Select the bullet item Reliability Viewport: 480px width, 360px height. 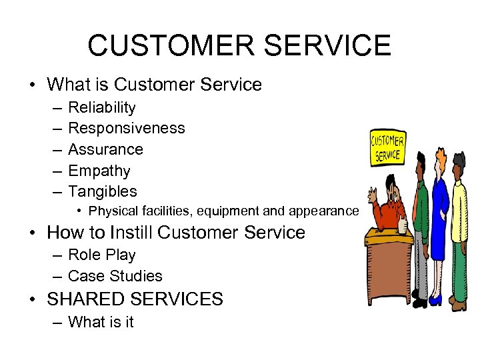[102, 107]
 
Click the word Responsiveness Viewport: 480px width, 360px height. [127, 128]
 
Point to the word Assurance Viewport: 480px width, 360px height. [105, 149]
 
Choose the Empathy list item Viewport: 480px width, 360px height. [99, 171]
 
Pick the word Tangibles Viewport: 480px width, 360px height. [103, 191]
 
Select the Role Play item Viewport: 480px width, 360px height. [101, 255]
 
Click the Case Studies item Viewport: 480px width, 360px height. [115, 276]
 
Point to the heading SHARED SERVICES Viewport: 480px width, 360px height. [135, 299]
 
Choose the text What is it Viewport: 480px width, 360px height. [101, 322]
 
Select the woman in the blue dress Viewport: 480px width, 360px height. [440, 213]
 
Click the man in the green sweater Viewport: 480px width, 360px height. [420, 213]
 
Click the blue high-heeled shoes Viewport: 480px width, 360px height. [435, 300]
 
